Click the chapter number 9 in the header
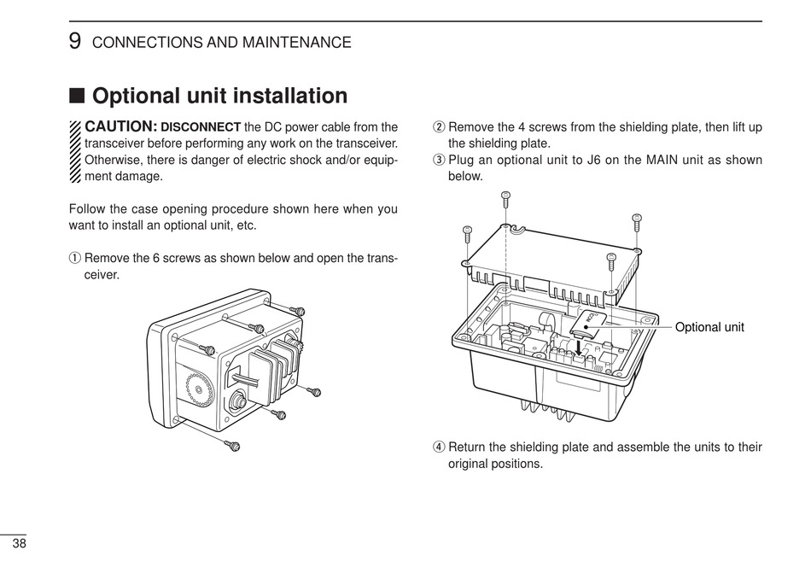(x=75, y=41)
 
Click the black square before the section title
(x=77, y=96)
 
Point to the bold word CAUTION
(x=120, y=126)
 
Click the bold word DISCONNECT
(x=201, y=127)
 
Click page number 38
(x=19, y=544)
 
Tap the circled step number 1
(x=74, y=258)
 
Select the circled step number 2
(x=439, y=127)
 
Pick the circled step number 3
(x=439, y=160)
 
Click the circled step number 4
(x=439, y=447)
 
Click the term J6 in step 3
(x=579, y=160)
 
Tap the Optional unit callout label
(x=709, y=327)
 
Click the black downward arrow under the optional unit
(x=580, y=348)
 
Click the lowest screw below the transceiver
(x=233, y=445)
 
